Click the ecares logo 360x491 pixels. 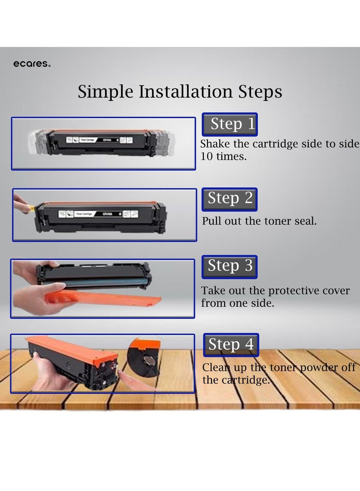31,64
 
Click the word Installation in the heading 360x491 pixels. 186,91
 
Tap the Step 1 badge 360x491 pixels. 230,124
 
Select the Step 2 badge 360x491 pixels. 230,199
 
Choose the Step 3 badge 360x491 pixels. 230,267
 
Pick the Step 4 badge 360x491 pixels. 231,345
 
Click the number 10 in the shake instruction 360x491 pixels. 207,156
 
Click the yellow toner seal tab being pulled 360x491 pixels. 31,207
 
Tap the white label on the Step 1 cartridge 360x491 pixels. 99,140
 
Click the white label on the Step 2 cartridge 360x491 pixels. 99,214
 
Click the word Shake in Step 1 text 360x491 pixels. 215,144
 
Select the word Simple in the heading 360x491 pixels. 105,92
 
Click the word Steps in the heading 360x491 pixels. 260,92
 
